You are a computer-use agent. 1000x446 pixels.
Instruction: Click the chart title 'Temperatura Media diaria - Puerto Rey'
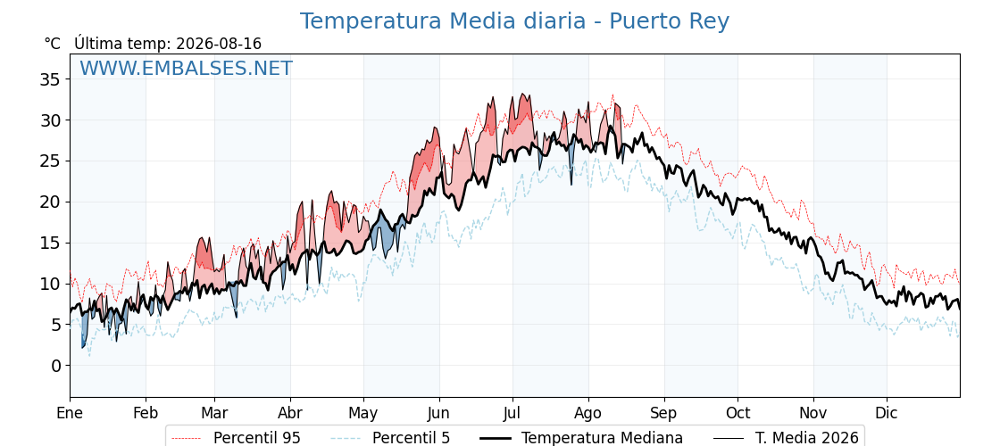[514, 21]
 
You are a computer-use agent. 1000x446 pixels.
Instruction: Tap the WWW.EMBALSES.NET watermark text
[187, 68]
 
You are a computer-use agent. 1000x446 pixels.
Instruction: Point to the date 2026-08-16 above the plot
[219, 44]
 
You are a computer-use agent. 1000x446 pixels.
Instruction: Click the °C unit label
[53, 44]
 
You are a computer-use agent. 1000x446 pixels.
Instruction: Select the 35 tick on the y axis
[50, 79]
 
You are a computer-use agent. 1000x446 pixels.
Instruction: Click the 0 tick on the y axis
[56, 366]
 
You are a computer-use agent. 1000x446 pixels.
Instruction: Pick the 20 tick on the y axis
[50, 202]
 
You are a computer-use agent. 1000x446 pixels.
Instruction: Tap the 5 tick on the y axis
[56, 325]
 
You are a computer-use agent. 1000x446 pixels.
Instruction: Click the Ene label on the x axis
[70, 414]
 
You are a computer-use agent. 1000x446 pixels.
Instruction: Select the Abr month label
[290, 414]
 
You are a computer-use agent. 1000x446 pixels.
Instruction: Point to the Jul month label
[512, 414]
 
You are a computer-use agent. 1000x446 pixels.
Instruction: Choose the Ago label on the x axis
[588, 414]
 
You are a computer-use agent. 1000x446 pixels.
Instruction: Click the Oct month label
[737, 414]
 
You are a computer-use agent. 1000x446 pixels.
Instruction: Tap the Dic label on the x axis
[887, 414]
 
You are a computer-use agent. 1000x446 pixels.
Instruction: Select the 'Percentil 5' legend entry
[391, 438]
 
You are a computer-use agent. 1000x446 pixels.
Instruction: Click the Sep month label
[664, 414]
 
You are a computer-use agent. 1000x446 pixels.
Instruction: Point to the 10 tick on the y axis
[50, 284]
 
